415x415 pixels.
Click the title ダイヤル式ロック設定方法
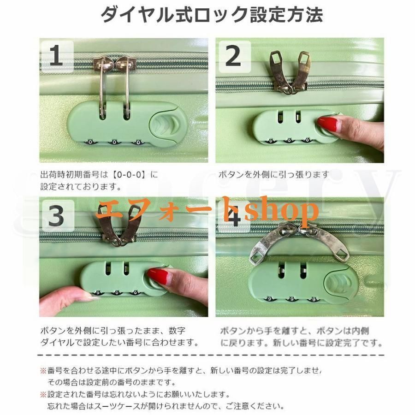[x=212, y=15]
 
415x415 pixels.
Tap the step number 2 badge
[x=234, y=56]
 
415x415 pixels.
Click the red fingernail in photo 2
[x=327, y=124]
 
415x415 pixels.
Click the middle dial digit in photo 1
[x=114, y=142]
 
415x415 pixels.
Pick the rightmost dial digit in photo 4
[x=314, y=300]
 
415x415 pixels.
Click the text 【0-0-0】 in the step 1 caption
[x=129, y=175]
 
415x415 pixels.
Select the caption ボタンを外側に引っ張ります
[x=273, y=175]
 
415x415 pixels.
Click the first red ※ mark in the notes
[x=43, y=371]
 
